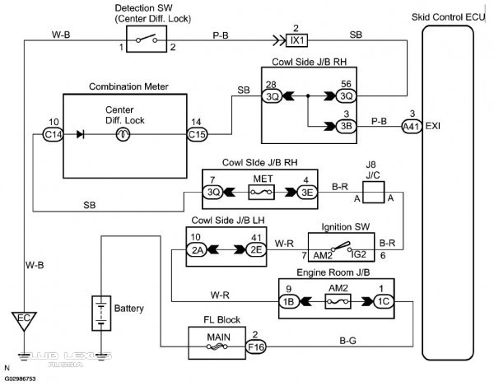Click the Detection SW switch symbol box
[x=147, y=40]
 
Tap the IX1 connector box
[x=296, y=40]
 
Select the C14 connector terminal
[x=53, y=135]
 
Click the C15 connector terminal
[x=197, y=135]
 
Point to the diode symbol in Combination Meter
[x=81, y=135]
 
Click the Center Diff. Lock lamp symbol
[x=123, y=135]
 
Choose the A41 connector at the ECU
[x=412, y=127]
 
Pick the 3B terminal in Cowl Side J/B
[x=347, y=126]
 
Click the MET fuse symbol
[x=262, y=192]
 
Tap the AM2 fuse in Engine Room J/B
[x=338, y=301]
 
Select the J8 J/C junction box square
[x=373, y=192]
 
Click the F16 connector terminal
[x=256, y=347]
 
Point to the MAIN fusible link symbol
[x=217, y=347]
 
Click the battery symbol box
[x=101, y=314]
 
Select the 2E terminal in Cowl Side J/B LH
[x=256, y=250]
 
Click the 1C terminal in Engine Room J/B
[x=384, y=301]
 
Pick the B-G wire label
[x=347, y=341]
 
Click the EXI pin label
[x=433, y=126]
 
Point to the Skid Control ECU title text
[x=449, y=17]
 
